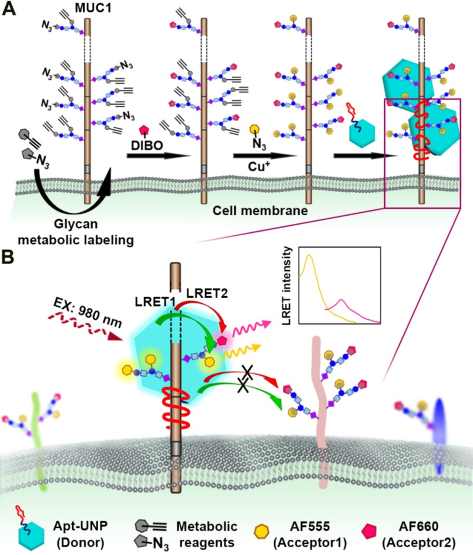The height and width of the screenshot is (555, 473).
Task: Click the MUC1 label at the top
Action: (93, 8)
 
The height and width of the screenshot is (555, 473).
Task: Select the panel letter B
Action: (8, 257)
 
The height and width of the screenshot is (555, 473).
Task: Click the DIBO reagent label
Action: (147, 145)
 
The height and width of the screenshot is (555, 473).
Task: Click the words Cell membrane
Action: (260, 211)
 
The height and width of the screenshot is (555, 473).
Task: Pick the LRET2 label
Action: (207, 293)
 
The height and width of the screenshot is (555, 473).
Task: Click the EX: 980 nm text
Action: (88, 312)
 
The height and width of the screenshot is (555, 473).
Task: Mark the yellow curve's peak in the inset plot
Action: (309, 255)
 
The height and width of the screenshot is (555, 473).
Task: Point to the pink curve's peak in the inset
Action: (341, 300)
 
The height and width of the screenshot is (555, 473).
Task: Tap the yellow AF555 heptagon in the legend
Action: (262, 531)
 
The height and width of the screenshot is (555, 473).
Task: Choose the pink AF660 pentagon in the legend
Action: (369, 531)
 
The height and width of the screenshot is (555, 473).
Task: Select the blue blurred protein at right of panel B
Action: (439, 436)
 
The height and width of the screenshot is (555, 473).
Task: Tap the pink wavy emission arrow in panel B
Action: (251, 328)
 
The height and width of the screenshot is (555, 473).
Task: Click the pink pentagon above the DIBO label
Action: (144, 130)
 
